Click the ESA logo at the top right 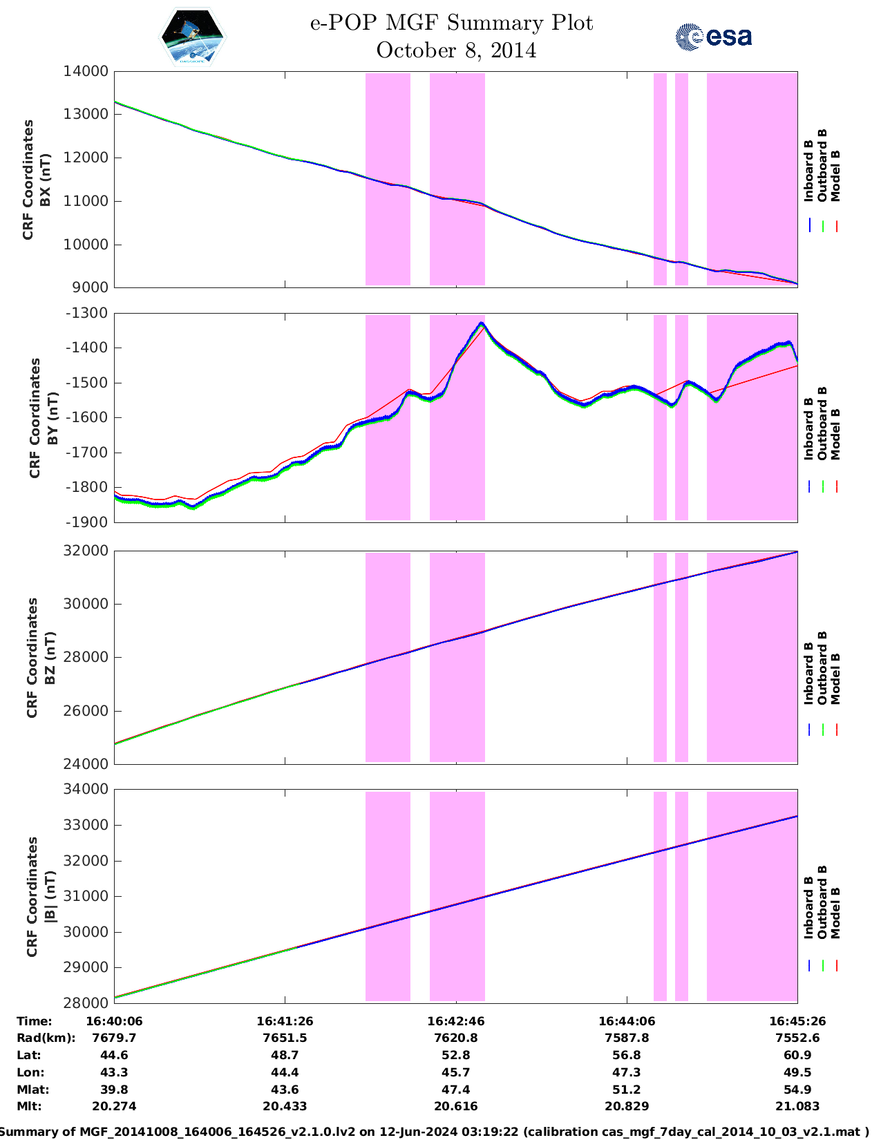[x=714, y=37]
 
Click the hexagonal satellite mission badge [x=193, y=37]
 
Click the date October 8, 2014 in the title [x=456, y=51]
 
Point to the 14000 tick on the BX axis [x=86, y=71]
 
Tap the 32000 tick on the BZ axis [x=86, y=551]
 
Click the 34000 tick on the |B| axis [x=86, y=789]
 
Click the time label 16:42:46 [x=455, y=1021]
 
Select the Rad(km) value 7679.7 [x=114, y=1038]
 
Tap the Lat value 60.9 [x=797, y=1055]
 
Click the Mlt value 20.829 [x=626, y=1106]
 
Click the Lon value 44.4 [x=285, y=1072]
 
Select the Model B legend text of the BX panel [x=835, y=175]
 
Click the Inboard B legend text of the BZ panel [x=808, y=674]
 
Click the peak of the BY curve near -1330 [x=482, y=323]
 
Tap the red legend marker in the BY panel [x=836, y=486]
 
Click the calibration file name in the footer [x=763, y=1132]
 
